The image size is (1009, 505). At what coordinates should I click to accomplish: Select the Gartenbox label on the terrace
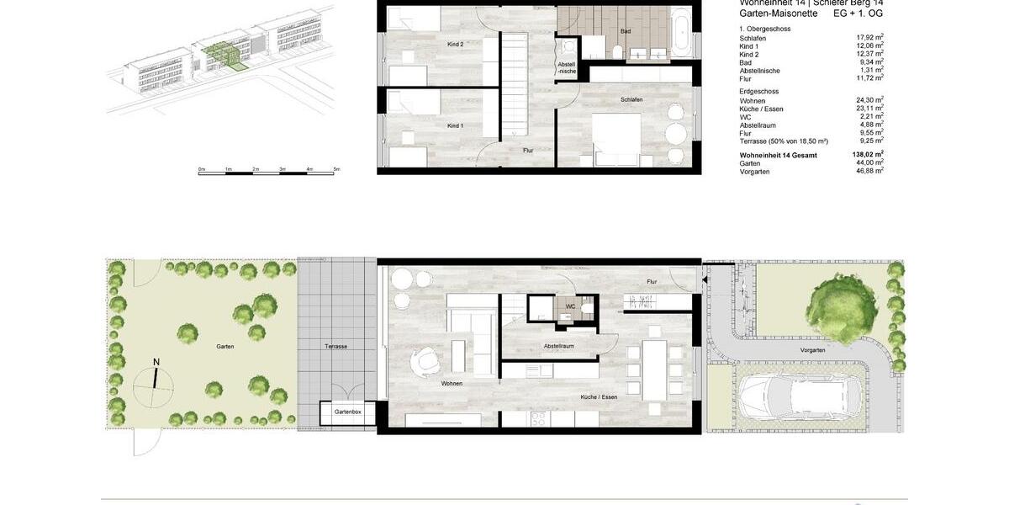[x=347, y=412]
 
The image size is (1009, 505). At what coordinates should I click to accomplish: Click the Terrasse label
[x=335, y=346]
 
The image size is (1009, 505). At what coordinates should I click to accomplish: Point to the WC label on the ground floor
[x=570, y=306]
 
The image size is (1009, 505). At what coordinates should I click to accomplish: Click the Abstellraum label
[x=558, y=346]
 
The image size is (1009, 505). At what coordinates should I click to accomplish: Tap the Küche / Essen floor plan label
[x=599, y=396]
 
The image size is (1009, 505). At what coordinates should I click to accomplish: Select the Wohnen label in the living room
[x=452, y=384]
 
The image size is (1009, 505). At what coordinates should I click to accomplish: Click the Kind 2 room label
[x=456, y=44]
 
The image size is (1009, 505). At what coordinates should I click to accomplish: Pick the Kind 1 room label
[x=455, y=125]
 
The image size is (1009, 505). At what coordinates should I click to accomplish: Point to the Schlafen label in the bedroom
[x=631, y=99]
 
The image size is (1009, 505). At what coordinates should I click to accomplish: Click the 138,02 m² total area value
[x=867, y=156]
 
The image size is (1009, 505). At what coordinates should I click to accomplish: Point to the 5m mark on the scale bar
[x=336, y=170]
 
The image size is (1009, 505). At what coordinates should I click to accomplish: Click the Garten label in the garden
[x=225, y=346]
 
